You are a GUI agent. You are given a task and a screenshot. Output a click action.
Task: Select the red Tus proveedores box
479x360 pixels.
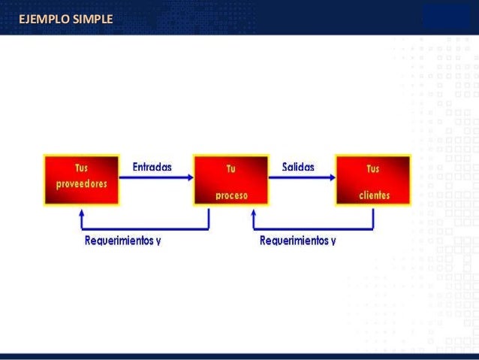[81, 180]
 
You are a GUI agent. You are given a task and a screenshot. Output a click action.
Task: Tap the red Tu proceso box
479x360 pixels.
[231, 180]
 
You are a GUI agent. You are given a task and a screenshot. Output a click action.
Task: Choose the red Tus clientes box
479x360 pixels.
[373, 180]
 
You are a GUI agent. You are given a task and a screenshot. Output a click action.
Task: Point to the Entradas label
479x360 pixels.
[152, 167]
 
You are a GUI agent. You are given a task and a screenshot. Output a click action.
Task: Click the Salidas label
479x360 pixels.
[298, 167]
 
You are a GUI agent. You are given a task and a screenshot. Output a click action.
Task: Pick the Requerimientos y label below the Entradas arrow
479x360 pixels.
[123, 241]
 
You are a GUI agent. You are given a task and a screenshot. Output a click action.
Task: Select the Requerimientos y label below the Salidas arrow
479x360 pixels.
[298, 241]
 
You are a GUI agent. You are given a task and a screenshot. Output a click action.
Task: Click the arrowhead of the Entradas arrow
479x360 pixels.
[189, 177]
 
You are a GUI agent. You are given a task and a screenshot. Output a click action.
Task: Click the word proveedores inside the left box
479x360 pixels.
[81, 184]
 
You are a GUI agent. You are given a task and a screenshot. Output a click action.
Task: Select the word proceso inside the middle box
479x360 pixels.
[231, 195]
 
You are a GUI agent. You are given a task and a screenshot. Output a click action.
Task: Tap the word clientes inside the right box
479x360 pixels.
[374, 195]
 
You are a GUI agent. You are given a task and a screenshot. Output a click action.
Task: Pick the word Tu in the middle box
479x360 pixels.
[231, 169]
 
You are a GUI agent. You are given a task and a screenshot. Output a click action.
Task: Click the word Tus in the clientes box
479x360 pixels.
[373, 169]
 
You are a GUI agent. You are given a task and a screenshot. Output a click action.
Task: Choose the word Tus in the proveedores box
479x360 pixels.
[81, 168]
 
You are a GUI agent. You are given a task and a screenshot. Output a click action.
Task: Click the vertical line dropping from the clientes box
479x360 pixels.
[373, 218]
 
